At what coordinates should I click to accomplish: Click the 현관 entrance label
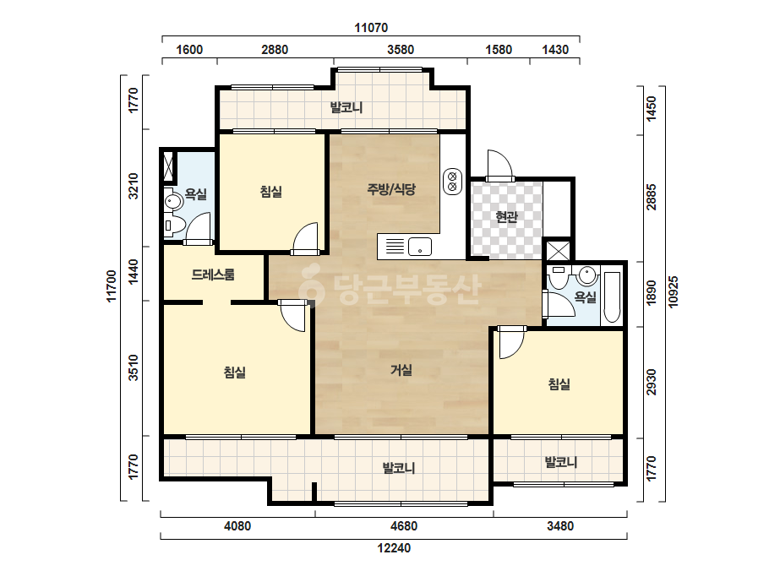(x=507, y=217)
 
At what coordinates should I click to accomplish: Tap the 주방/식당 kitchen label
(x=391, y=189)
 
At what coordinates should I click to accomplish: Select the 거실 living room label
(x=401, y=370)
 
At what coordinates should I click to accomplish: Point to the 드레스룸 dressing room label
(x=213, y=275)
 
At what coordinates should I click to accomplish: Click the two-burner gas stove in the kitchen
(x=453, y=182)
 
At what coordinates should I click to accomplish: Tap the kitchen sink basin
(x=420, y=247)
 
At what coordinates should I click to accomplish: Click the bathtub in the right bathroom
(x=612, y=297)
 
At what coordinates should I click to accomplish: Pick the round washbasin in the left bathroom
(x=173, y=201)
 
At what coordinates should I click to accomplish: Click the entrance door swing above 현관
(x=499, y=165)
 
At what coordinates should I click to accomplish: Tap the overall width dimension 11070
(x=371, y=27)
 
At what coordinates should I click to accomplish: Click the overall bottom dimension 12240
(x=394, y=548)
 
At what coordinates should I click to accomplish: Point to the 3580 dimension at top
(x=401, y=50)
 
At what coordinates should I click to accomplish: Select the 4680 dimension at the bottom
(x=404, y=525)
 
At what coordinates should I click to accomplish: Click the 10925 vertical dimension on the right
(x=673, y=292)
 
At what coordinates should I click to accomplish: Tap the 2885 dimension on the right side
(x=652, y=198)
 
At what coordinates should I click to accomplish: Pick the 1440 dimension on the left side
(x=134, y=272)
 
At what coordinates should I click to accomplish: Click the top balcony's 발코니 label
(x=346, y=107)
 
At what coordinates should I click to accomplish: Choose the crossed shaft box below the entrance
(x=558, y=251)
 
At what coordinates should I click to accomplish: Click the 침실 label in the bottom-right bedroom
(x=559, y=383)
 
